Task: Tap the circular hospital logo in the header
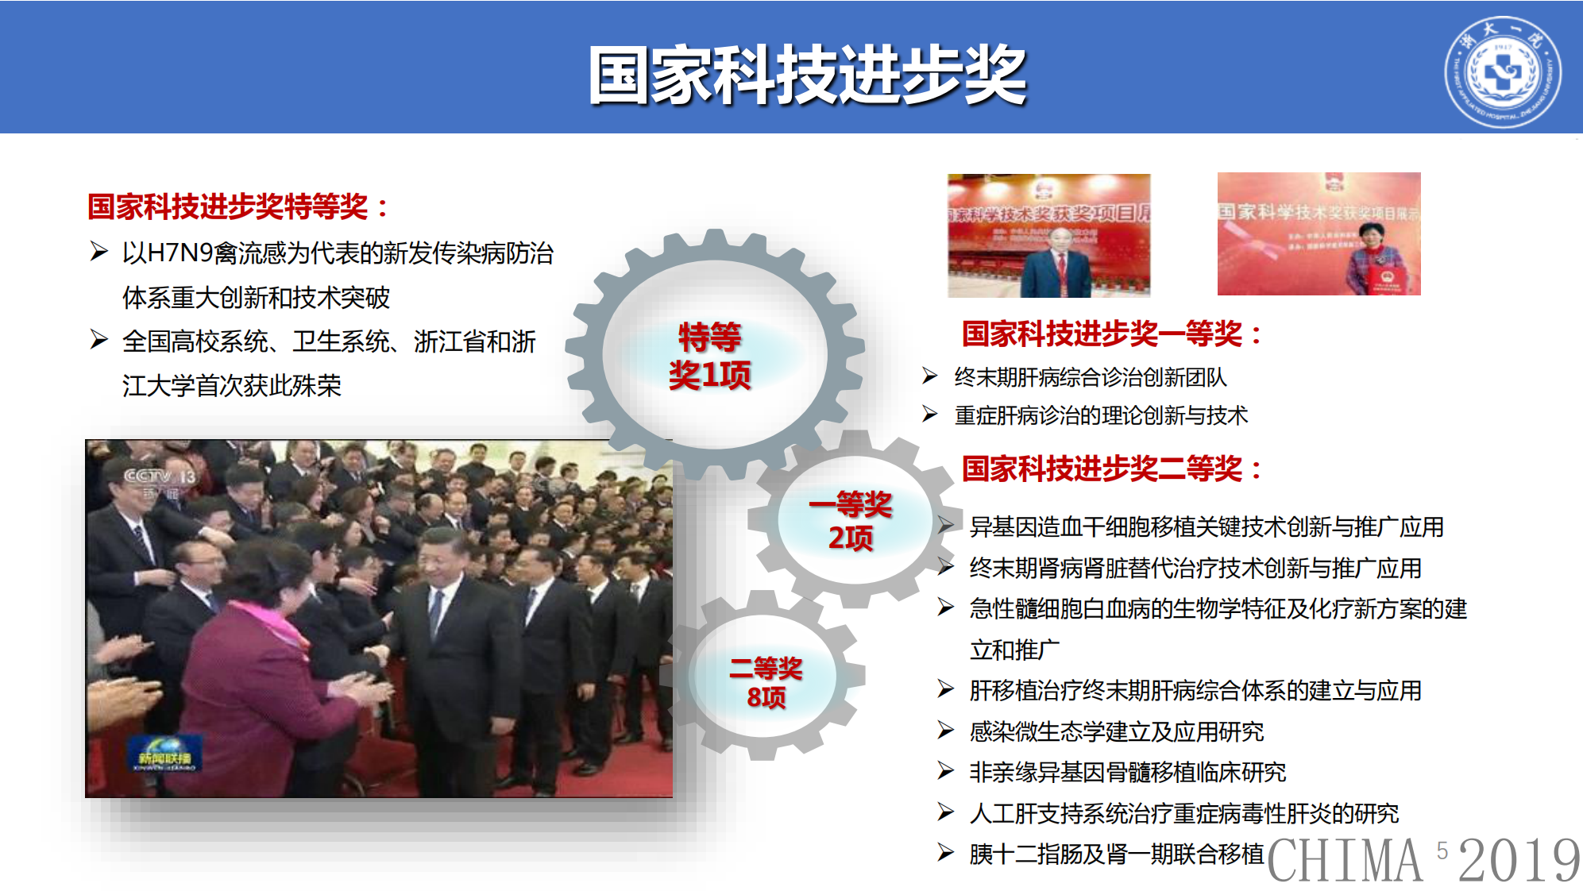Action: click(x=1501, y=72)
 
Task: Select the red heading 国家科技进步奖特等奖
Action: click(x=237, y=206)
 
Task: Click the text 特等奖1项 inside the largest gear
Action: click(x=709, y=356)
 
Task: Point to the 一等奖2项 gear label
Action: click(x=850, y=521)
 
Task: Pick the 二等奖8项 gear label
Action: click(x=766, y=682)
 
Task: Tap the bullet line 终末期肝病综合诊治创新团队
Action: click(x=1090, y=377)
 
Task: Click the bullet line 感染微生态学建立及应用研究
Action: click(x=1116, y=731)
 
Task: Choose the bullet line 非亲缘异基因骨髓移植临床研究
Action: click(x=1127, y=772)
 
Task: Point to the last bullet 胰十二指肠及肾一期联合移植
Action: click(x=1116, y=854)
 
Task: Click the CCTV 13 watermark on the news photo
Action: click(x=160, y=476)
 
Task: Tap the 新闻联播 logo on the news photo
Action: click(x=165, y=753)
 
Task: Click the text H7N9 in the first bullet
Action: click(x=180, y=253)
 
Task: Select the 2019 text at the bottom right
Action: click(x=1519, y=861)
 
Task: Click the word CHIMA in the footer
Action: click(x=1345, y=861)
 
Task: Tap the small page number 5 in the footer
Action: click(x=1442, y=850)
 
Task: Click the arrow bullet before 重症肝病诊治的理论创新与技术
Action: click(x=930, y=414)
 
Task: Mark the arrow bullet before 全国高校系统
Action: click(x=99, y=340)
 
